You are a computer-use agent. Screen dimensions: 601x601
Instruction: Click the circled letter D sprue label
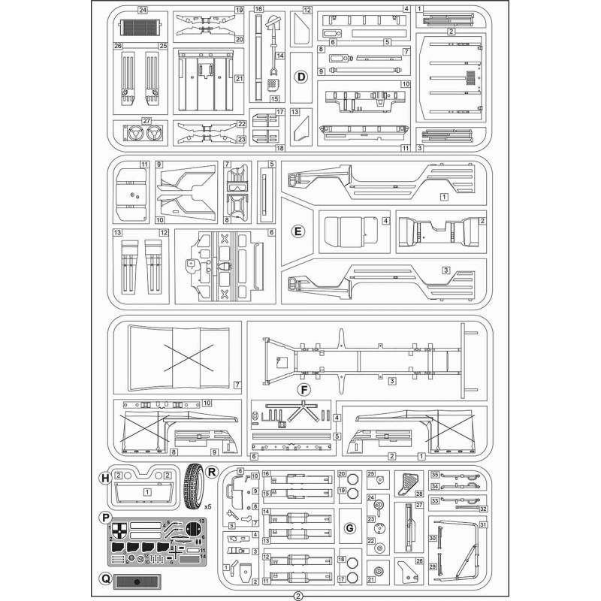(300, 77)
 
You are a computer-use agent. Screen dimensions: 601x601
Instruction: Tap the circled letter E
(298, 231)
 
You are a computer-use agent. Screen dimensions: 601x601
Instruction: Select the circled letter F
(304, 389)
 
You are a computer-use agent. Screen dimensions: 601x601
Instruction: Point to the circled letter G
(349, 529)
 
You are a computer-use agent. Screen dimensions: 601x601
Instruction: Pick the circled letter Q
(105, 579)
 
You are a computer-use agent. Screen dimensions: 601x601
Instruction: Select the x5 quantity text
(208, 507)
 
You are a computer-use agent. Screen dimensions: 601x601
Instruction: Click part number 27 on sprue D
(146, 121)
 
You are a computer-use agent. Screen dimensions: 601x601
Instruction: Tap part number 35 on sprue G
(434, 474)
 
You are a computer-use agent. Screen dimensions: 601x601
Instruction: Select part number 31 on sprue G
(483, 524)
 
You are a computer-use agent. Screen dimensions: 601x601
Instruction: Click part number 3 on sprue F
(391, 382)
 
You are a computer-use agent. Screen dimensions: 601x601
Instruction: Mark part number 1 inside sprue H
(147, 492)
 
